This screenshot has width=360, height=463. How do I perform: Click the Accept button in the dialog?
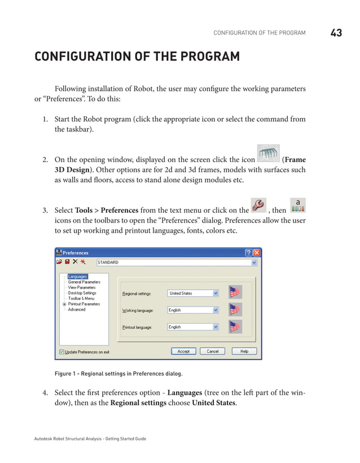(183, 351)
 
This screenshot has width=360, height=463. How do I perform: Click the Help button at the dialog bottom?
(244, 351)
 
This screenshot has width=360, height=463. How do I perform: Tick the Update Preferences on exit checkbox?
(62, 352)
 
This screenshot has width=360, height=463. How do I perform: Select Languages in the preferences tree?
(77, 276)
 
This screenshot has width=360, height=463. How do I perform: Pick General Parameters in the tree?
(84, 282)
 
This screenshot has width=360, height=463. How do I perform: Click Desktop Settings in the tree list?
(82, 293)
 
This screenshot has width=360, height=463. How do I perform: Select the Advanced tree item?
(77, 309)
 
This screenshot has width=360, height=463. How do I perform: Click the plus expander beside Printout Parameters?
(64, 304)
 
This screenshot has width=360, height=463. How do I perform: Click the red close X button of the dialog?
(257, 253)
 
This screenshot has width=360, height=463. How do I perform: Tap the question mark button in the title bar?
(248, 253)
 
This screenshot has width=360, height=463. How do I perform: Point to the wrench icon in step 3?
(257, 206)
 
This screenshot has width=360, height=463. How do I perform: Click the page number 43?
(336, 33)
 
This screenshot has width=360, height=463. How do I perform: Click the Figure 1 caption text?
(118, 373)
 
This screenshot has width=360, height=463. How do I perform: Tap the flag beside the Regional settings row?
(235, 292)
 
